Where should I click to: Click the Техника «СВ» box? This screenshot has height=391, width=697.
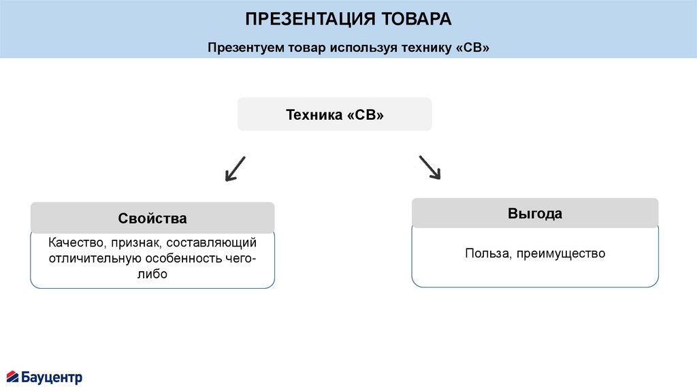point(334,114)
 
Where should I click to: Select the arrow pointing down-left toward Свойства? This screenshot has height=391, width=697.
point(235,168)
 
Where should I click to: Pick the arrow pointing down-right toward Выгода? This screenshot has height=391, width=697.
point(429,168)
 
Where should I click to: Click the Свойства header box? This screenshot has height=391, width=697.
point(152,219)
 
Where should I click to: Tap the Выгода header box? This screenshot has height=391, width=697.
point(534,213)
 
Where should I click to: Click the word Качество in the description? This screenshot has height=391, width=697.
point(74,243)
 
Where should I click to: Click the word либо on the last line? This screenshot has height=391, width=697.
point(152,275)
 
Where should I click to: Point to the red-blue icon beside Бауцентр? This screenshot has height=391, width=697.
point(12,376)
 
